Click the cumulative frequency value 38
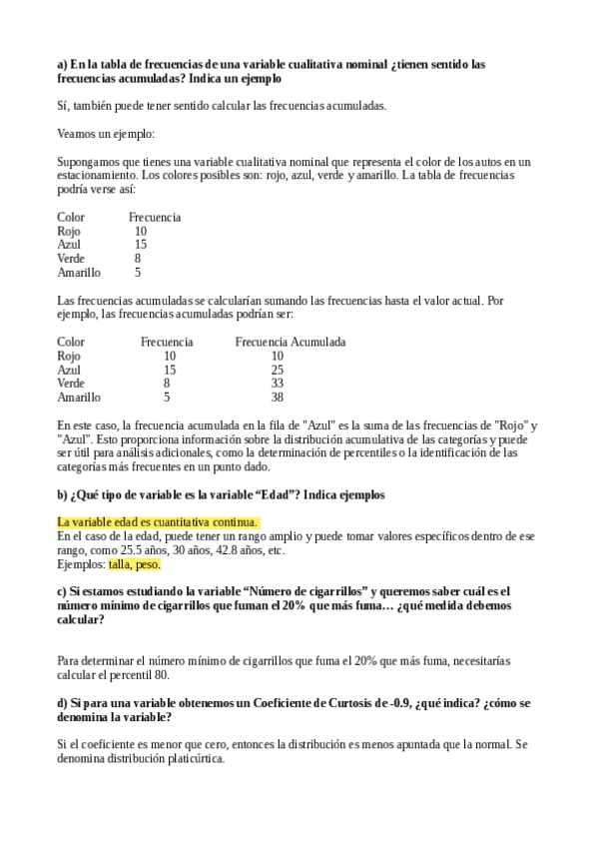pos(278,397)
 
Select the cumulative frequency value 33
pos(278,383)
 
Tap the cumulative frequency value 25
pos(278,370)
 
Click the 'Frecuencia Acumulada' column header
pos(291,342)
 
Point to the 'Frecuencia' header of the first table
pos(155,217)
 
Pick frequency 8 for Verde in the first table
pos(138,258)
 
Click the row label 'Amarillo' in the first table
pos(79,272)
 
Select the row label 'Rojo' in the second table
pos(69,356)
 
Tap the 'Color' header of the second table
pos(71,342)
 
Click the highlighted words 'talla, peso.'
pos(135,564)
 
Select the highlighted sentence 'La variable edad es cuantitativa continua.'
pos(159,522)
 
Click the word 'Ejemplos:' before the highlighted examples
pos(82,564)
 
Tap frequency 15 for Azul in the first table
pos(141,244)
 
